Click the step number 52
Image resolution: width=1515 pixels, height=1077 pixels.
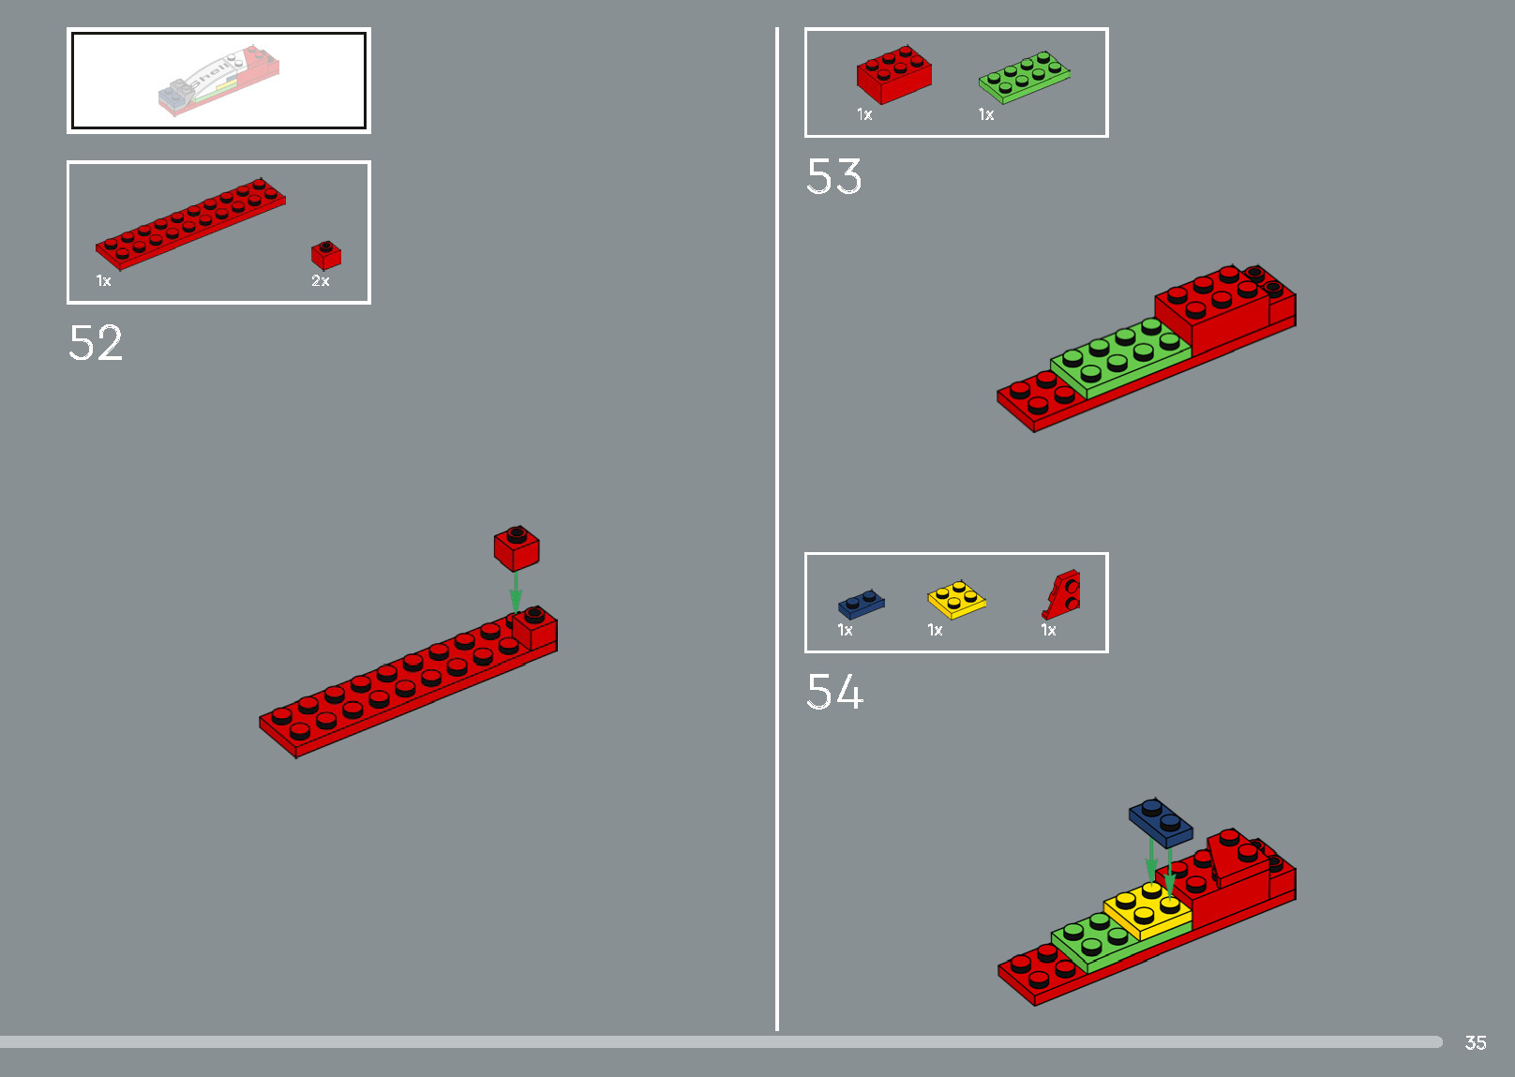tap(96, 343)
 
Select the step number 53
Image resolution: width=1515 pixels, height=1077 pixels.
tap(833, 177)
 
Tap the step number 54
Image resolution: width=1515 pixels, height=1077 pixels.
tap(834, 693)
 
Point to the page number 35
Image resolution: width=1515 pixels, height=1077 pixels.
tap(1476, 1042)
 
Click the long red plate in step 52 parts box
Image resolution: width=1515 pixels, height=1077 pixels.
tap(190, 223)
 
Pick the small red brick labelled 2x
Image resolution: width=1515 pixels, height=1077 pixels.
tap(325, 255)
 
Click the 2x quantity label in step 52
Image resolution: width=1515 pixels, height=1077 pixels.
tap(320, 281)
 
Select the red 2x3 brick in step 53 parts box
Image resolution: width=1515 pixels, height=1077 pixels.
tap(893, 74)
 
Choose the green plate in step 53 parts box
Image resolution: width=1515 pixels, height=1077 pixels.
tap(1024, 77)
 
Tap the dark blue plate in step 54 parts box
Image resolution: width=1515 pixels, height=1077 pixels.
tap(862, 604)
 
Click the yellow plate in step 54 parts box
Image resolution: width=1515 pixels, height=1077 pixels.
tap(956, 600)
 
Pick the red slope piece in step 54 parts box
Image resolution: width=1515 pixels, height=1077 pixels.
tap(1062, 594)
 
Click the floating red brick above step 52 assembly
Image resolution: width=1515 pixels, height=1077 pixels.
tap(517, 548)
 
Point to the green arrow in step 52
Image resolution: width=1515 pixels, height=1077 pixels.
tap(516, 592)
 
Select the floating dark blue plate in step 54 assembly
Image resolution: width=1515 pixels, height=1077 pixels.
tap(1161, 822)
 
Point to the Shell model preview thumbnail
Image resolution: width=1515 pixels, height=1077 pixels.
tap(218, 81)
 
